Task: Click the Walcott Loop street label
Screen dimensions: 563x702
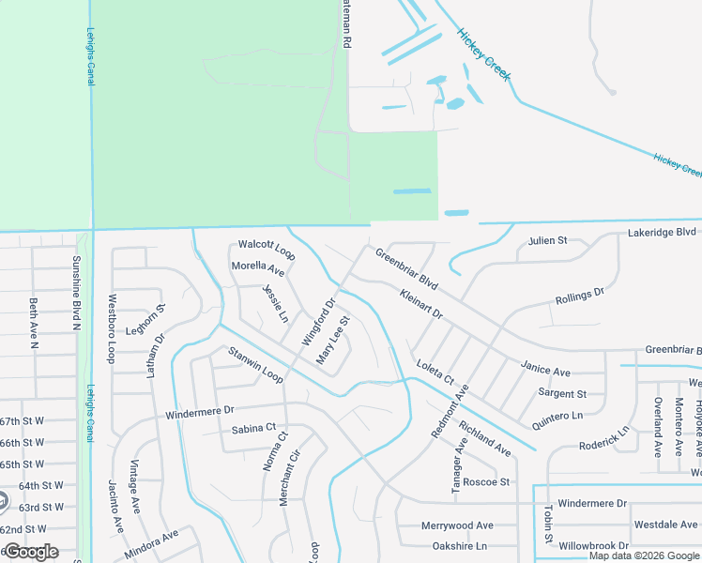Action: coord(267,250)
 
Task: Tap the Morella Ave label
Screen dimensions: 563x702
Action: coord(257,270)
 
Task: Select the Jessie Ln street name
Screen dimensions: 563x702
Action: coord(275,303)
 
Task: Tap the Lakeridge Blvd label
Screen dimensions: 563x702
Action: coord(662,231)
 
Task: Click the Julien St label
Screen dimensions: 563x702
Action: coord(548,240)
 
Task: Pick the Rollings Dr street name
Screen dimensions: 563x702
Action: coord(579,297)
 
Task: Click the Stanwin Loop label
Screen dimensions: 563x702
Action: coord(255,364)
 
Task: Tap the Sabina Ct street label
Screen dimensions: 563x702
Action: coord(253,430)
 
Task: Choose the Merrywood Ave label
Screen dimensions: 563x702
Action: coord(457,525)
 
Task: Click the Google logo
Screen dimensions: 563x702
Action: coord(31,552)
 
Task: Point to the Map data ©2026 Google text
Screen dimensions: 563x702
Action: coord(644,555)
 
